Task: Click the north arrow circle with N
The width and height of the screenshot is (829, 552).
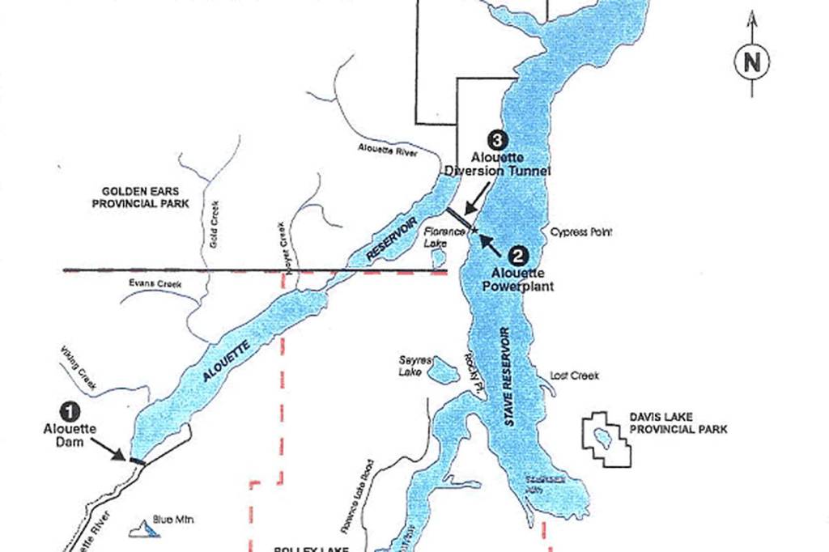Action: [x=752, y=62]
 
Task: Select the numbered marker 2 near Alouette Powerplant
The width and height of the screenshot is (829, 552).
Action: [x=521, y=254]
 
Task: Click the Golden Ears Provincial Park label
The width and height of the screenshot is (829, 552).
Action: [x=140, y=197]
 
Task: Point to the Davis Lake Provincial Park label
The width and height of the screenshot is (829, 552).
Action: [x=679, y=422]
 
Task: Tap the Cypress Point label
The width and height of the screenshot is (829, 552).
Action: [x=582, y=231]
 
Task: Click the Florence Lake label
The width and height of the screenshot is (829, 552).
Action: [x=445, y=236]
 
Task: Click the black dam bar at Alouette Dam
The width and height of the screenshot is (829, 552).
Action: [x=138, y=461]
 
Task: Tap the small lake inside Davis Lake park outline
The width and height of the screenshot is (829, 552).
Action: [x=602, y=438]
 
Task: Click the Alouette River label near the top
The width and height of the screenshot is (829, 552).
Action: [x=388, y=148]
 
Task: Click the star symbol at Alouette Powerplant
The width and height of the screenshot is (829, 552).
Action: [x=475, y=234]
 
